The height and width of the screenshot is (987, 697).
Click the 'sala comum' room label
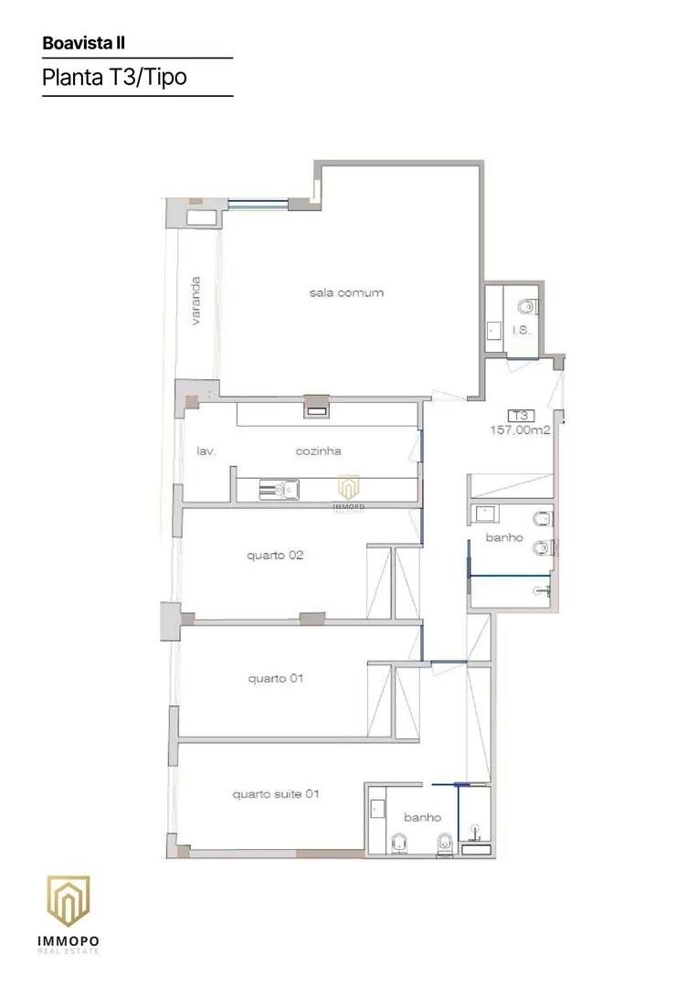(346, 292)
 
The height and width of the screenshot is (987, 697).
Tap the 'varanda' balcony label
(195, 301)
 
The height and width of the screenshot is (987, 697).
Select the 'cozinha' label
(318, 451)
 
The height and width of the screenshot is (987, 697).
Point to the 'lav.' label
(206, 451)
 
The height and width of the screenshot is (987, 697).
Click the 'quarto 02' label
(275, 556)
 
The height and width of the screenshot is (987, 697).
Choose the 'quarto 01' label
(276, 678)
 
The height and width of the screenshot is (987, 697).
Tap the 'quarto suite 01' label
(276, 794)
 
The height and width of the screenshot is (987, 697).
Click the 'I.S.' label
(521, 330)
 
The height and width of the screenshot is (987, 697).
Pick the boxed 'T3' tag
(521, 416)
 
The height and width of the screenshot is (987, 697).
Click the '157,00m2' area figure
(520, 430)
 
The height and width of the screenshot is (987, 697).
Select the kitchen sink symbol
(280, 490)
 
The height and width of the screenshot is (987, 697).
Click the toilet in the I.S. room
(527, 306)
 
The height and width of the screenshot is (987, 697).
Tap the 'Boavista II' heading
(84, 43)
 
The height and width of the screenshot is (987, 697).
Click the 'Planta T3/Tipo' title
(114, 78)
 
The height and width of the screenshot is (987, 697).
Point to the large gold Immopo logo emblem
(69, 901)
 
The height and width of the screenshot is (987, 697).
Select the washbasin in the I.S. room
(494, 331)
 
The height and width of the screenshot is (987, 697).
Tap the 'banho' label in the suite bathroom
(423, 817)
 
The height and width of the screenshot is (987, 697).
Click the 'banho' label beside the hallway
(504, 537)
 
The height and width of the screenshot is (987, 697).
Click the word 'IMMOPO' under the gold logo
(69, 941)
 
